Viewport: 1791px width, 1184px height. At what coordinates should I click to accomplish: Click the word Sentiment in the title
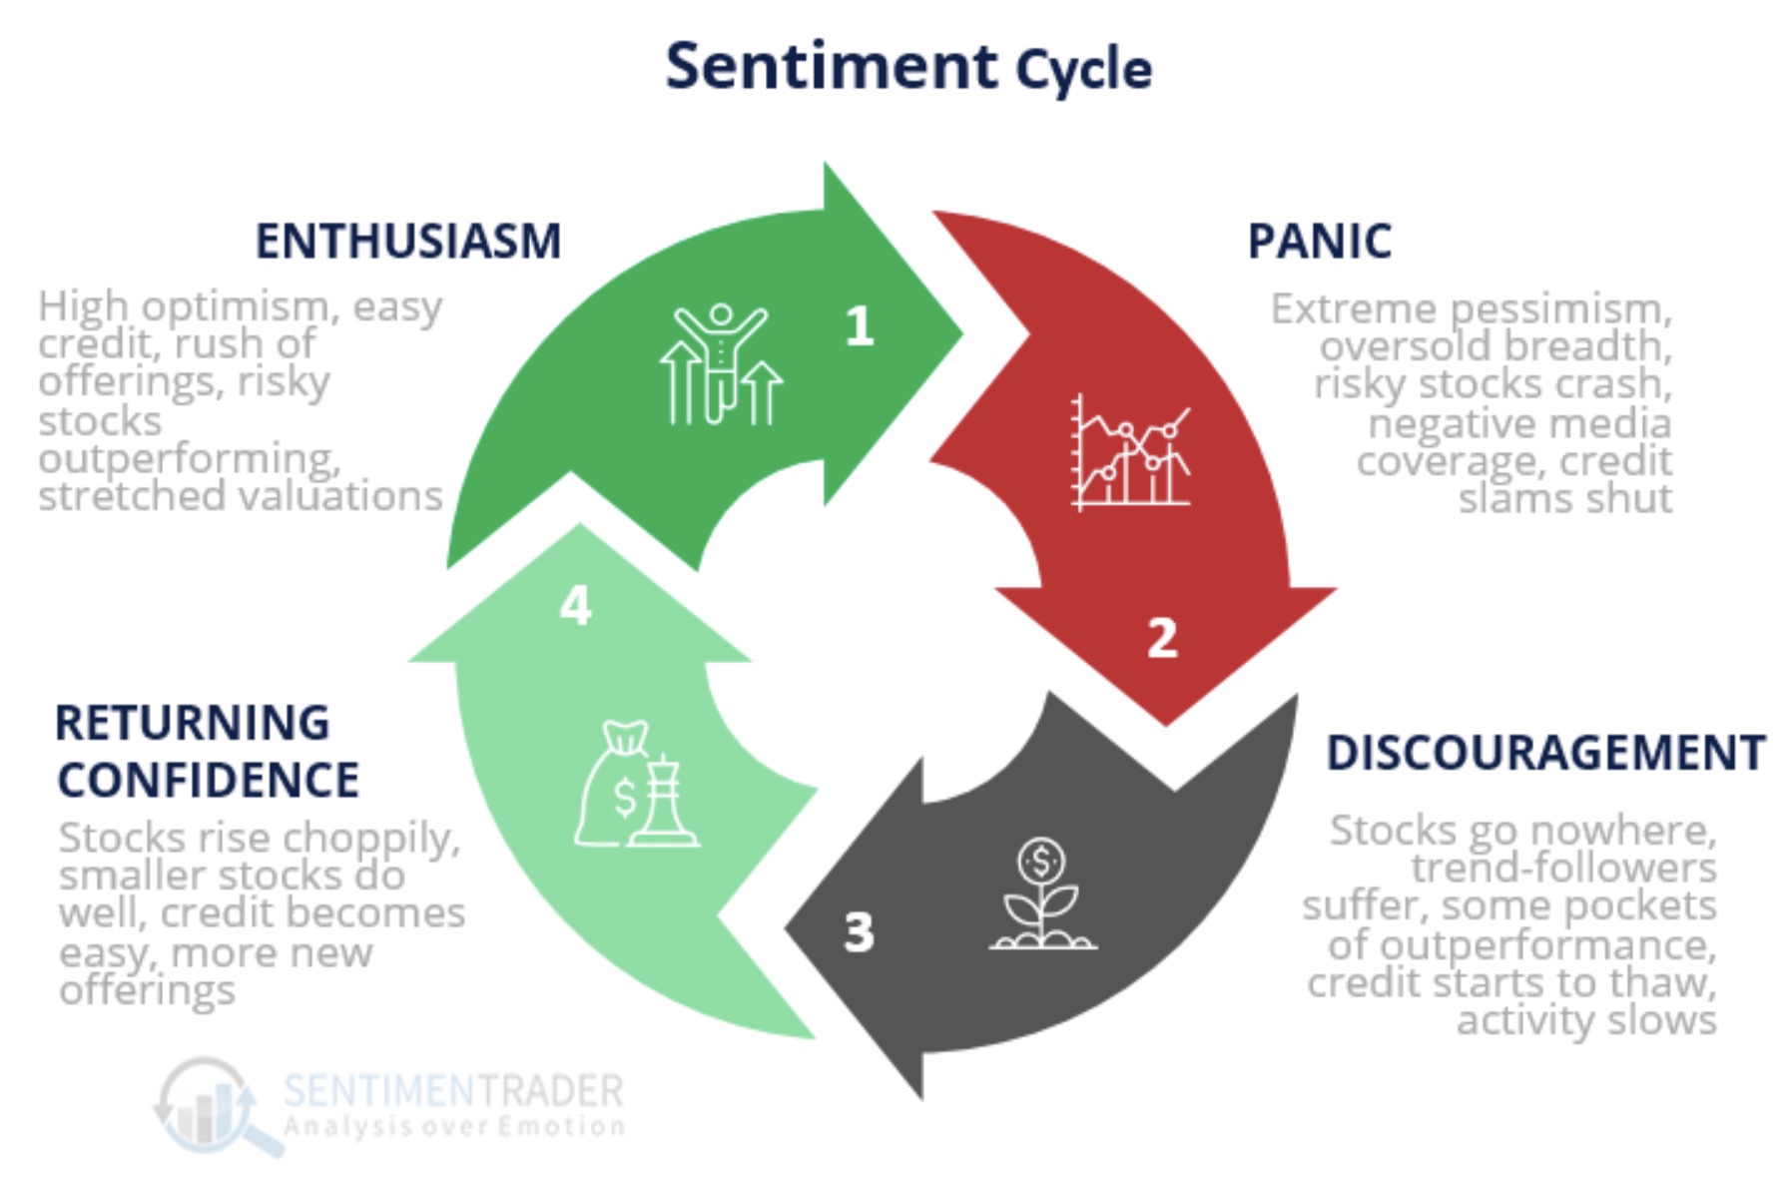click(x=831, y=67)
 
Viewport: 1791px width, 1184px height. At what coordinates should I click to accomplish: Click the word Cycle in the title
click(x=1083, y=70)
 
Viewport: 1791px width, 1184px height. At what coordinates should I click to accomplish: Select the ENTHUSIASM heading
click(x=407, y=241)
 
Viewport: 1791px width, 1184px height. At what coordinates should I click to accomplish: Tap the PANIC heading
click(x=1319, y=241)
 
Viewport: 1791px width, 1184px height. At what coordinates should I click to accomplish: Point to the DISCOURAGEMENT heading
click(x=1545, y=753)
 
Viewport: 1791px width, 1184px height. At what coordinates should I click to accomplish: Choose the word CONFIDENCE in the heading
click(x=208, y=781)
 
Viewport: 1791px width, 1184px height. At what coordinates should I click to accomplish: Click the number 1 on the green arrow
click(x=859, y=326)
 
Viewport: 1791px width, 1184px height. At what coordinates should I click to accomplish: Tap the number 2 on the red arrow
click(x=1162, y=638)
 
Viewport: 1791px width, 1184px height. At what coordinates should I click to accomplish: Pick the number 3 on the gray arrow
click(x=859, y=932)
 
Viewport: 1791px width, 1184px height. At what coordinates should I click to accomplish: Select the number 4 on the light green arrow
click(x=575, y=605)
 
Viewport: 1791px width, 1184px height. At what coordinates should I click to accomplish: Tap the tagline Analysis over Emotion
click(x=454, y=1127)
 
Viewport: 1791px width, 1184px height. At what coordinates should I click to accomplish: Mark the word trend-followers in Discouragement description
click(x=1563, y=869)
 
